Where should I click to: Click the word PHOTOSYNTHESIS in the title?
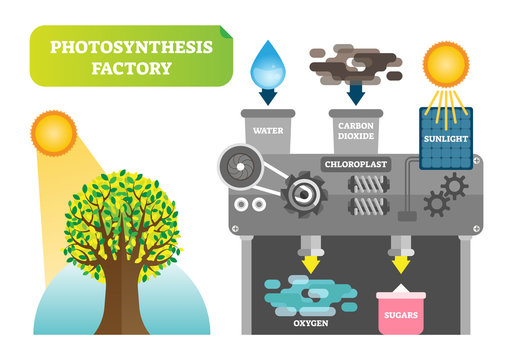[x=118, y=46]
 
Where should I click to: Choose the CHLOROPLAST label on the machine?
[x=355, y=162]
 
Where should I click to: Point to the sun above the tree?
[x=53, y=131]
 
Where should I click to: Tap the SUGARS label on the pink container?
[x=403, y=318]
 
